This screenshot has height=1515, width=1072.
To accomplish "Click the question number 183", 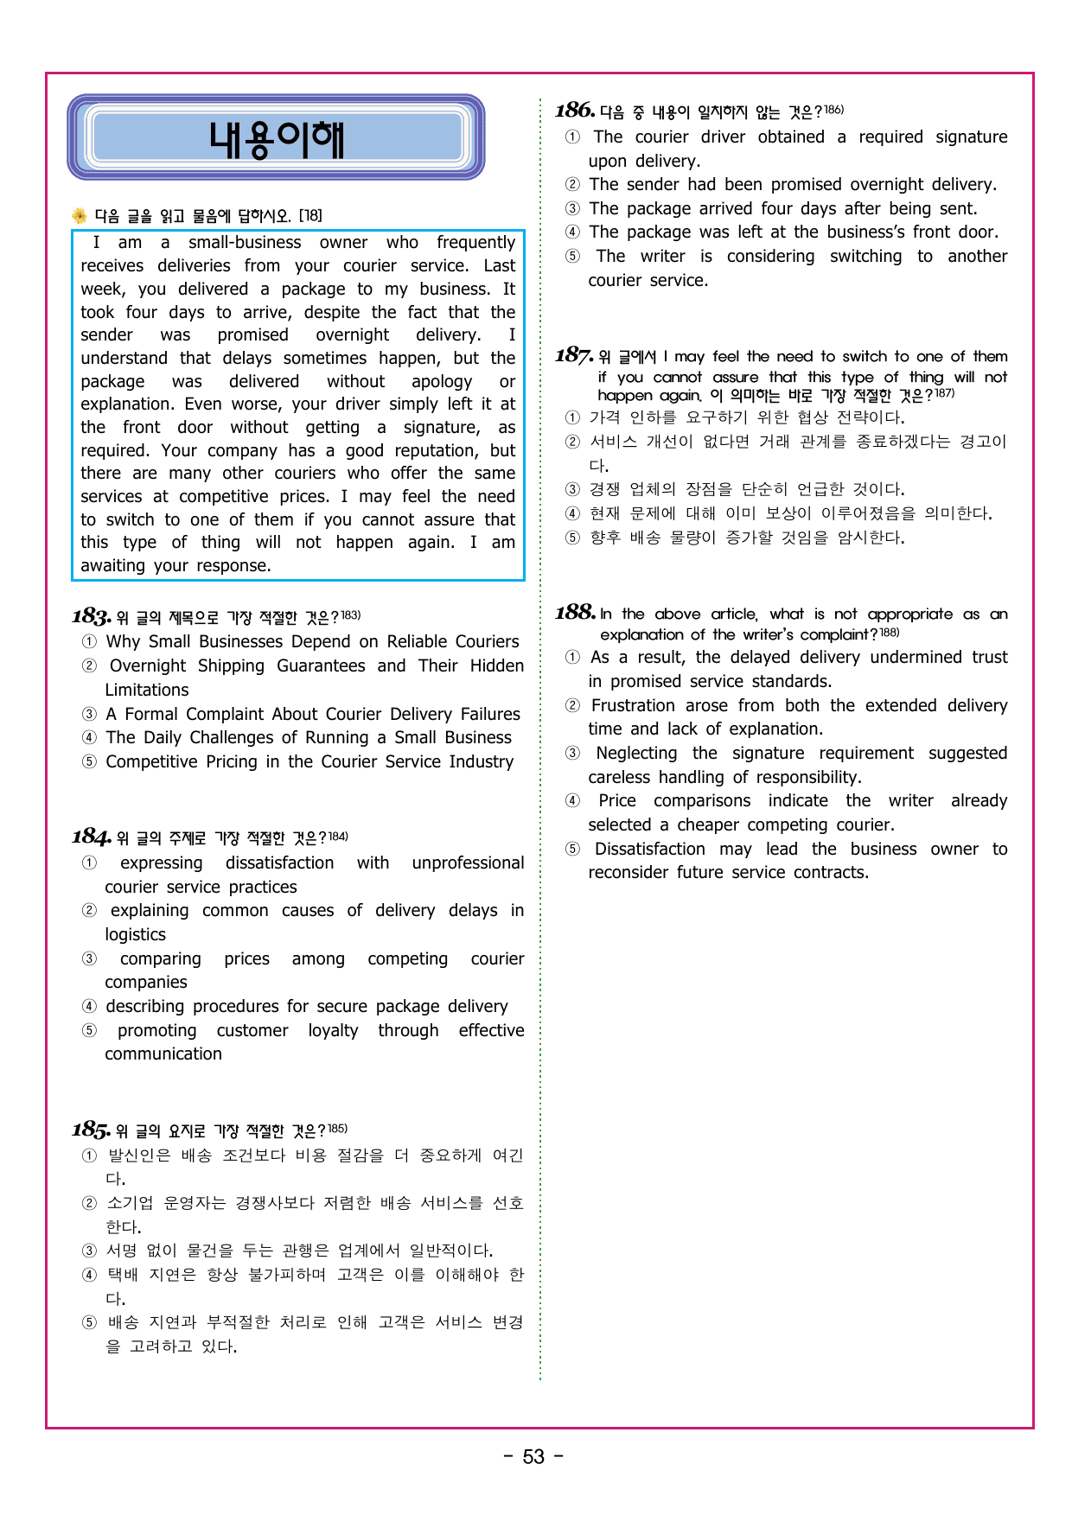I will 91,616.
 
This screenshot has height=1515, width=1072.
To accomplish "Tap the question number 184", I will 91,837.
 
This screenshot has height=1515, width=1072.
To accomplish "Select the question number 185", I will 91,1130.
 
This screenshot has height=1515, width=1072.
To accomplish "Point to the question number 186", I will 575,110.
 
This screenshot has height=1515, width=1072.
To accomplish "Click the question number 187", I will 574,355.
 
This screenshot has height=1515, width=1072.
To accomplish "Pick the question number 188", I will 575,613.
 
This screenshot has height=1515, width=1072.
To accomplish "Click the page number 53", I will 533,1456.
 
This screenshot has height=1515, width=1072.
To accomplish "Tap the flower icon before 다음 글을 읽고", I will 80,215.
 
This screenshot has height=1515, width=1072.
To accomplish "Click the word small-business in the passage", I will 245,243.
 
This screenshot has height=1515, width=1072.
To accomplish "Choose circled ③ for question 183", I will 89,715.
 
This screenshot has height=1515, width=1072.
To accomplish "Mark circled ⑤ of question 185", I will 89,1322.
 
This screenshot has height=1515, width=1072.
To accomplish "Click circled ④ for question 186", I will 572,232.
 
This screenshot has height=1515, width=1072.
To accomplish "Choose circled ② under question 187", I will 572,442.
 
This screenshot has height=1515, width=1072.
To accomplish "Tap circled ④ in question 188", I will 572,801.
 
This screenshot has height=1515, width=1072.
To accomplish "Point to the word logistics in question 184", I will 135,935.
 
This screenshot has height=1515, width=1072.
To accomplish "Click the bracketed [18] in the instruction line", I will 310,215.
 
